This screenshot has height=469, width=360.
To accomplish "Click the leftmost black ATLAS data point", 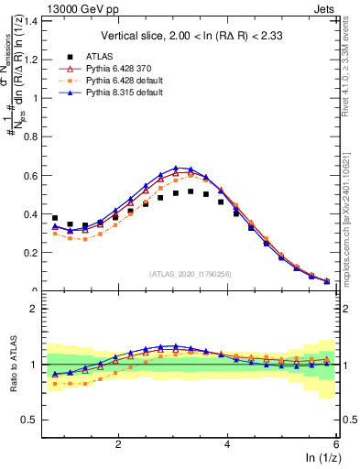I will pyautogui.click(x=55, y=218).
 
